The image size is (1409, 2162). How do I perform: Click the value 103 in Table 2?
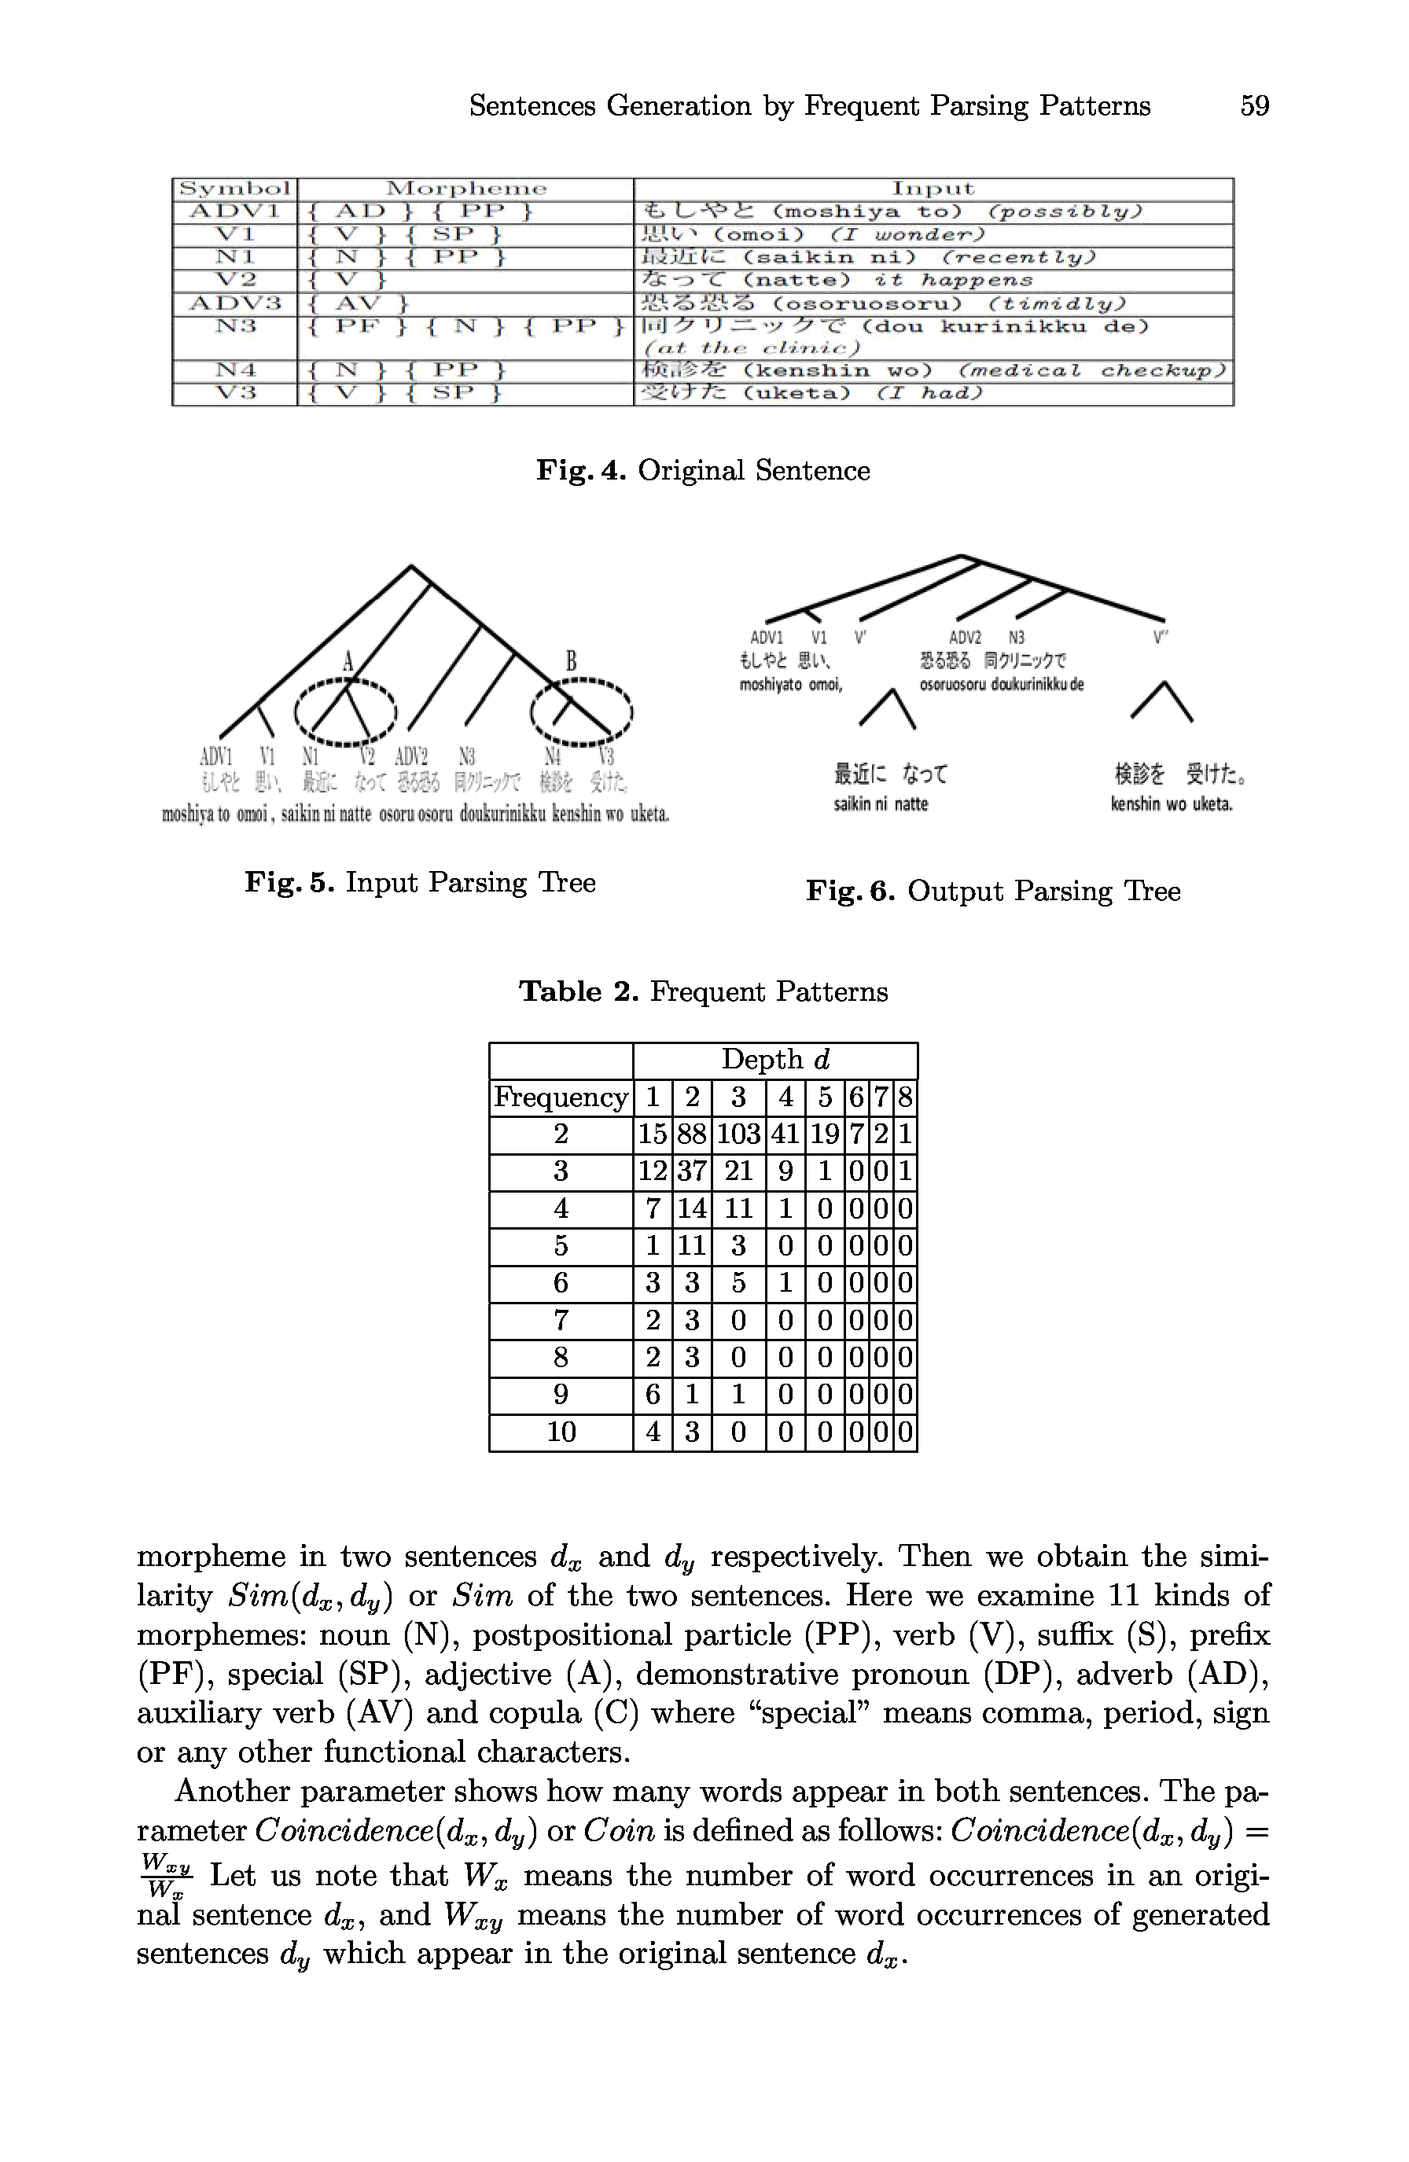738,1134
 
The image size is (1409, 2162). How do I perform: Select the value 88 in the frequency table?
691,1134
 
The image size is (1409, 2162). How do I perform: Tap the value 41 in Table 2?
785,1134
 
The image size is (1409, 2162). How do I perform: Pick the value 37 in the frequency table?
691,1172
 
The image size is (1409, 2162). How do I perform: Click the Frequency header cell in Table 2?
561,1098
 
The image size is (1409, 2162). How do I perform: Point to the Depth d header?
775,1060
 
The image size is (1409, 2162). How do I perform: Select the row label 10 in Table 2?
561,1432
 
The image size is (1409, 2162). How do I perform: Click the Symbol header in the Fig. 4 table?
234,189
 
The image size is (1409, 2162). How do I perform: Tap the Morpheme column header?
465,189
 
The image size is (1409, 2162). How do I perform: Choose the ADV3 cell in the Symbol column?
234,303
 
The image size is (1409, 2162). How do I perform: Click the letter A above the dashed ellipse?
347,661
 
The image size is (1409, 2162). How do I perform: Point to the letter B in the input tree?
572,661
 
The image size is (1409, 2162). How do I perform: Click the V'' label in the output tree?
1160,638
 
